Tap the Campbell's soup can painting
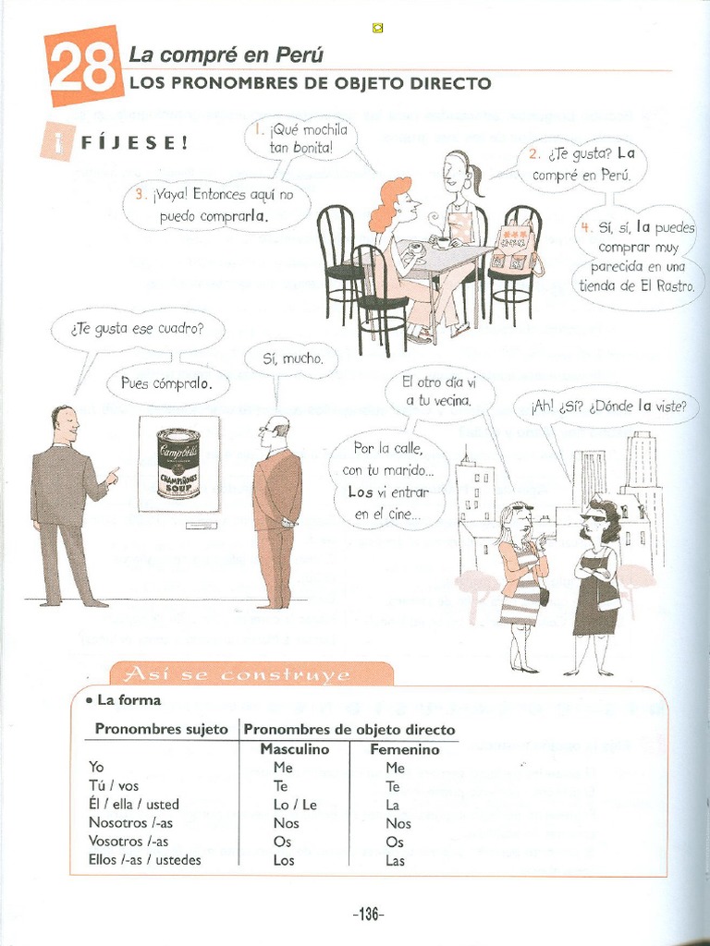[x=178, y=463]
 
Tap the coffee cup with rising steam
[x=443, y=242]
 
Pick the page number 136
[x=368, y=915]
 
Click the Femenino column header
[x=404, y=750]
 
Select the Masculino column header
[x=294, y=750]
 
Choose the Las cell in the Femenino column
[x=396, y=860]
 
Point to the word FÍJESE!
[x=134, y=143]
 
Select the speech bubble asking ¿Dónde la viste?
[x=606, y=406]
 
